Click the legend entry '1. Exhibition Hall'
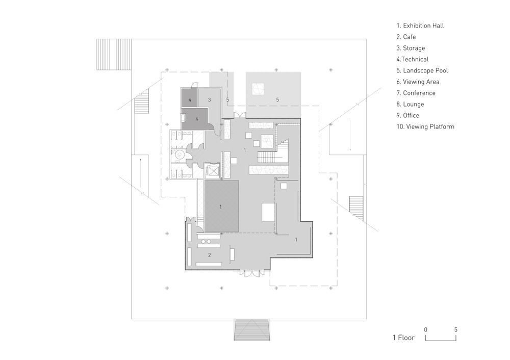[x=420, y=25]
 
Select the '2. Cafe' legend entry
[x=406, y=37]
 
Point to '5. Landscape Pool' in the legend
[x=422, y=70]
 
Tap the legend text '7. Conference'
[x=416, y=93]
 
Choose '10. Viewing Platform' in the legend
[x=425, y=127]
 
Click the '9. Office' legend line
[x=407, y=115]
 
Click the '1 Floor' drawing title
[x=403, y=338]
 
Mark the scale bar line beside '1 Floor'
[x=441, y=340]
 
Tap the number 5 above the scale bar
[x=455, y=330]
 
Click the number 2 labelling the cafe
[x=210, y=255]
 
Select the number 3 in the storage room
[x=210, y=100]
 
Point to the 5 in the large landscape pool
[x=277, y=100]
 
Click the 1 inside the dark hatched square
[x=221, y=207]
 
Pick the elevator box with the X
[x=212, y=170]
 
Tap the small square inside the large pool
[x=257, y=89]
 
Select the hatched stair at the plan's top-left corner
[x=114, y=55]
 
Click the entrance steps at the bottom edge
[x=252, y=330]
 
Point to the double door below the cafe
[x=250, y=273]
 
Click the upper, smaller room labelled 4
[x=190, y=97]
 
